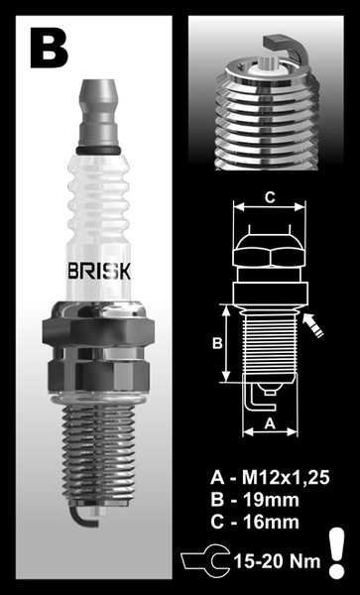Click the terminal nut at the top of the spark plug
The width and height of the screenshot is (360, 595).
pyautogui.click(x=102, y=115)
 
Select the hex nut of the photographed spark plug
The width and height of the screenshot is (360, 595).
pyautogui.click(x=103, y=347)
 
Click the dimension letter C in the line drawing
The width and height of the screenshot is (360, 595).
pyautogui.click(x=268, y=196)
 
